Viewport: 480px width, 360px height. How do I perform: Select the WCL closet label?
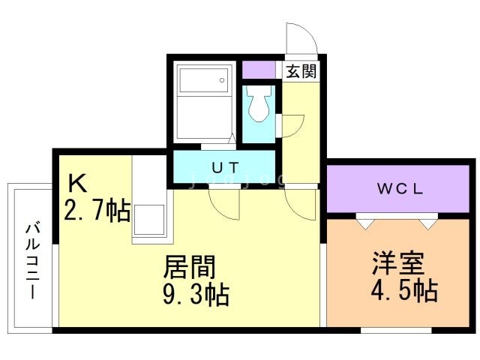[400, 189]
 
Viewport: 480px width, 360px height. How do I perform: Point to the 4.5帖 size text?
[403, 289]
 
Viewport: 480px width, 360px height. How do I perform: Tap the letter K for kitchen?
[77, 184]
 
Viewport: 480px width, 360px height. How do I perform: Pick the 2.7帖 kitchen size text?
[97, 210]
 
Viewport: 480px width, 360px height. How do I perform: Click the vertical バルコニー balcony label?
[31, 259]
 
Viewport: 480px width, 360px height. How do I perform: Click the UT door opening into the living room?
[223, 201]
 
